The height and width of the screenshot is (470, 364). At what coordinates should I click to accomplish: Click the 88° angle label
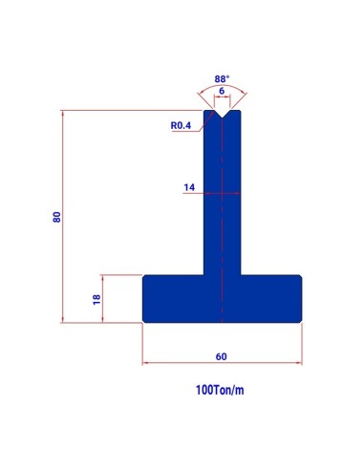point(222,79)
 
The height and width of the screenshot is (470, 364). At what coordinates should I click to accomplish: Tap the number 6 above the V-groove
point(222,91)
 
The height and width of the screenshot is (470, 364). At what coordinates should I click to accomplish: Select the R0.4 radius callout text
point(181,125)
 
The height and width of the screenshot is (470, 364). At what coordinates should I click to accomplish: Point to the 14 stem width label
point(189,187)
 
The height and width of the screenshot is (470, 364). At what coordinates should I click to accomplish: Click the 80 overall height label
point(56,217)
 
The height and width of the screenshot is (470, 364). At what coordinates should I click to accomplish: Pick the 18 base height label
point(96,299)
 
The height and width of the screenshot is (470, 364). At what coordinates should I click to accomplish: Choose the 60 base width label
point(222,356)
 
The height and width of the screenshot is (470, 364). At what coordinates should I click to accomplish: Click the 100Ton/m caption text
point(220,390)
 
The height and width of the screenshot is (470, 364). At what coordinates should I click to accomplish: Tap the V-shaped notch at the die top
point(222,115)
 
